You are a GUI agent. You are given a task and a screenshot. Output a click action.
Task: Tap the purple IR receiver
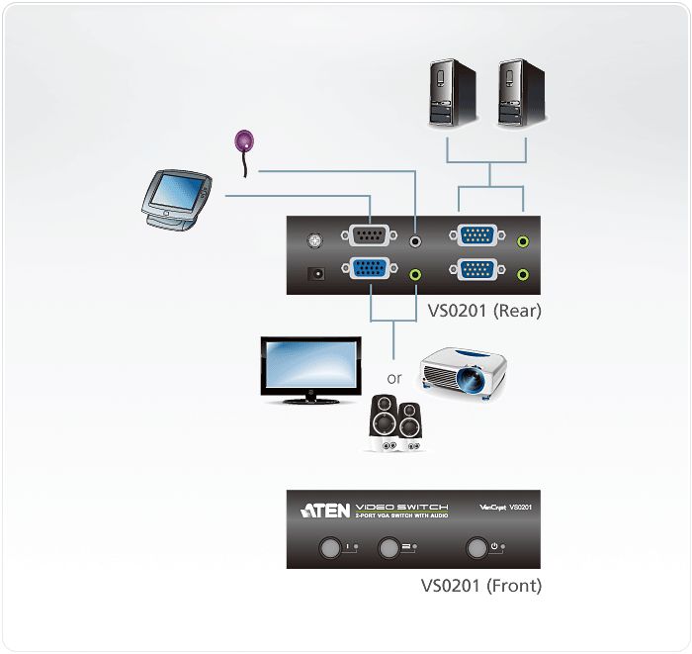pyautogui.click(x=244, y=141)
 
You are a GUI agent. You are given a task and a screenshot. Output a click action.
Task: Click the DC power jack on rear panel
pyautogui.click(x=316, y=274)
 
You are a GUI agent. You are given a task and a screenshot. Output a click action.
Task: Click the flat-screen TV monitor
pyautogui.click(x=309, y=369)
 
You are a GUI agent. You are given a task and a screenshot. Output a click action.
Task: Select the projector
pyautogui.click(x=465, y=375)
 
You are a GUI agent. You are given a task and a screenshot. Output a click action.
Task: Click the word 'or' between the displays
pyautogui.click(x=394, y=378)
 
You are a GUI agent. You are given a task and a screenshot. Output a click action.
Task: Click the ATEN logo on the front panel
pyautogui.click(x=324, y=511)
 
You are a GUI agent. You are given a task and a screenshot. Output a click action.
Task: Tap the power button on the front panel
pyautogui.click(x=478, y=547)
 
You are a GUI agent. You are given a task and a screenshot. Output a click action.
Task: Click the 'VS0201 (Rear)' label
pyautogui.click(x=483, y=311)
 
